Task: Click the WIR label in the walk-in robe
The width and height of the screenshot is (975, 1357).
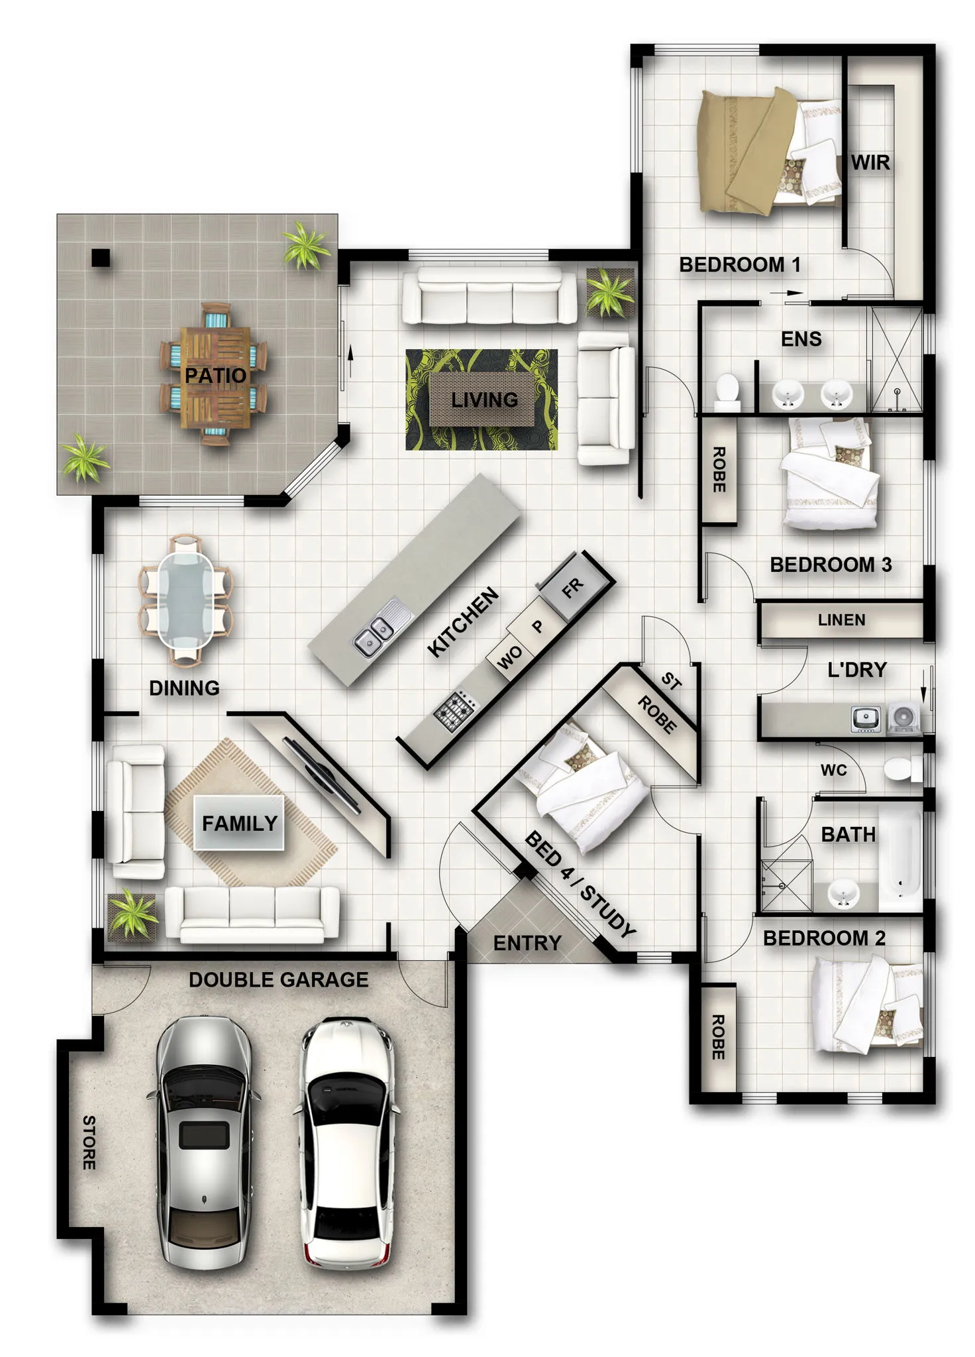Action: pyautogui.click(x=870, y=162)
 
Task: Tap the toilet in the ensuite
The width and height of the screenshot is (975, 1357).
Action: pyautogui.click(x=727, y=391)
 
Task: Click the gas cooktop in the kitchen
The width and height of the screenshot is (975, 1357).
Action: pyautogui.click(x=455, y=710)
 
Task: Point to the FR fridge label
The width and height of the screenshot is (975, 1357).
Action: pyautogui.click(x=573, y=587)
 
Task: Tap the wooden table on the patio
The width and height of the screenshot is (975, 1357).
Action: pyautogui.click(x=215, y=376)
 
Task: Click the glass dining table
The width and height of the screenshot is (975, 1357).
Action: pyautogui.click(x=186, y=600)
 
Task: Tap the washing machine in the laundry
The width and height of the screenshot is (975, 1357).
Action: pyautogui.click(x=903, y=718)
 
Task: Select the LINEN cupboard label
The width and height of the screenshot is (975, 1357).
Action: pyautogui.click(x=841, y=620)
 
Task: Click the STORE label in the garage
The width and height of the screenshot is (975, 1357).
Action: pyautogui.click(x=89, y=1142)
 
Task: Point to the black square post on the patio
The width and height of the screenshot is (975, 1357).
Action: pyautogui.click(x=101, y=257)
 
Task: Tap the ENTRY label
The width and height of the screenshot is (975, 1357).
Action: pyautogui.click(x=527, y=943)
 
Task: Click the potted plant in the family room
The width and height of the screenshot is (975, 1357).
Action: pyautogui.click(x=132, y=915)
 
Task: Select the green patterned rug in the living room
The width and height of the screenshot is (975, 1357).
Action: pyautogui.click(x=482, y=400)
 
